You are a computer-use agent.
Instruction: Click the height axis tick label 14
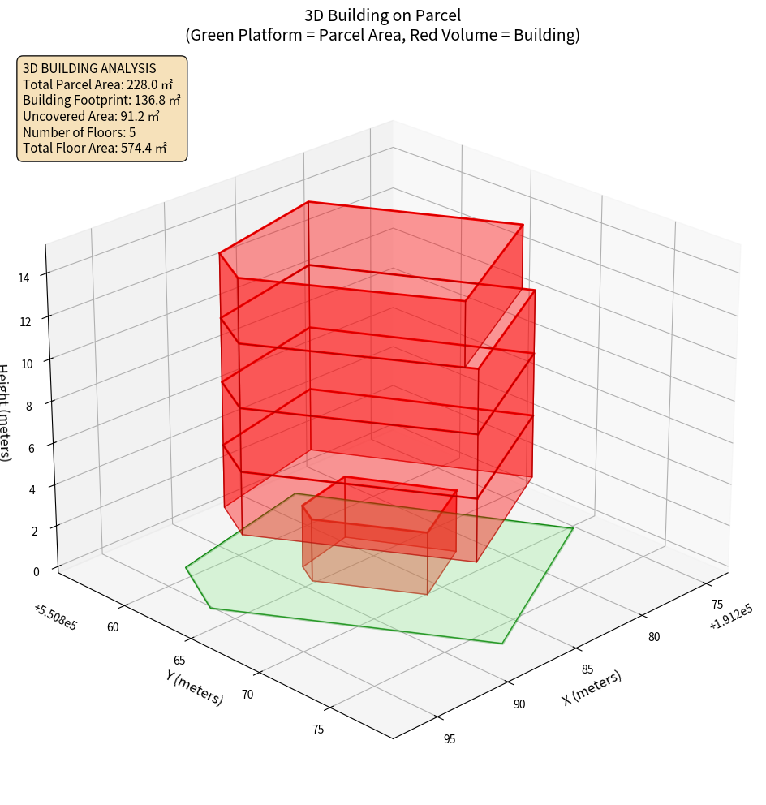pos(24,278)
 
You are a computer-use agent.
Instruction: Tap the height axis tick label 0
pos(35,570)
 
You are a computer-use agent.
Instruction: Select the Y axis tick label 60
pos(113,626)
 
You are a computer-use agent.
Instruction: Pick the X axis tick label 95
pos(450,738)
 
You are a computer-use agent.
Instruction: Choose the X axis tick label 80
pos(653,637)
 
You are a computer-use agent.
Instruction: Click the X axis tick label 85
pos(588,669)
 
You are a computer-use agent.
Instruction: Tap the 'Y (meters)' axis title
pos(195,687)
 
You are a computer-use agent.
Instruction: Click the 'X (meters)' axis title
pos(592,687)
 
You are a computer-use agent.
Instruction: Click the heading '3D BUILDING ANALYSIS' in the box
pos(89,68)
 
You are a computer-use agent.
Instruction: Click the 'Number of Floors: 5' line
pos(80,131)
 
